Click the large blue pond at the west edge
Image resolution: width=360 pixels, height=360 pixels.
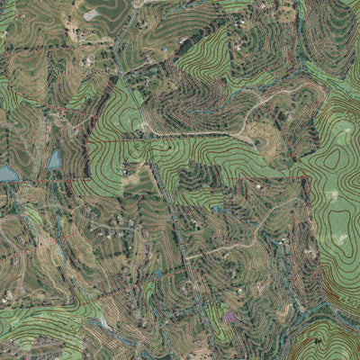(x=7, y=172)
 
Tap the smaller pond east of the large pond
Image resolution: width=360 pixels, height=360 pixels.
(x=56, y=159)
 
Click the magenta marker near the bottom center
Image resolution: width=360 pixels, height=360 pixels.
(x=230, y=317)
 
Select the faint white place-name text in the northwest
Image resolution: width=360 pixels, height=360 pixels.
(x=85, y=68)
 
